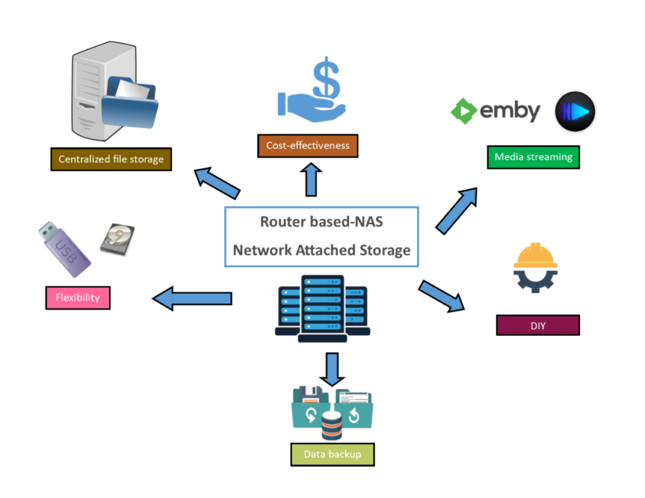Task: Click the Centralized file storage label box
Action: [x=111, y=159]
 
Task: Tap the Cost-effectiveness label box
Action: [x=307, y=146]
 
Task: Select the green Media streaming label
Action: [x=534, y=157]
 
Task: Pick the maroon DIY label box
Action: [x=538, y=325]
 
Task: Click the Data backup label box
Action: [x=333, y=454]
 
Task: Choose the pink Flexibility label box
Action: [x=78, y=297]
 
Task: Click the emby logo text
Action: [x=510, y=111]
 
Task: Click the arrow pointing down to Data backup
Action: [x=332, y=370]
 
